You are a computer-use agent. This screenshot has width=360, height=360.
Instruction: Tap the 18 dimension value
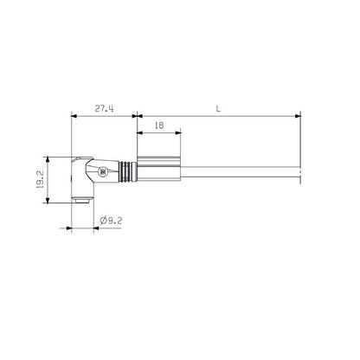pyautogui.click(x=158, y=126)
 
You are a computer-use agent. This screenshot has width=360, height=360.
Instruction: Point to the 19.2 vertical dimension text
pyautogui.click(x=51, y=179)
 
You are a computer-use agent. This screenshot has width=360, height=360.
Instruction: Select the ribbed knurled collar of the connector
pyautogui.click(x=126, y=173)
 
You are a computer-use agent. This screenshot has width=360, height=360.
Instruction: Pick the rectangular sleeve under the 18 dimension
pyautogui.click(x=157, y=173)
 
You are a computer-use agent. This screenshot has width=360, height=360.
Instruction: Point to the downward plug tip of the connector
pyautogui.click(x=80, y=201)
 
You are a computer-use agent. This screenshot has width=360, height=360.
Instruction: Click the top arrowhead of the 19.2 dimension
pyautogui.click(x=60, y=159)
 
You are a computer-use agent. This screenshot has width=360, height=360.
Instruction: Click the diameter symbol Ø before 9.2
pyautogui.click(x=103, y=221)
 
